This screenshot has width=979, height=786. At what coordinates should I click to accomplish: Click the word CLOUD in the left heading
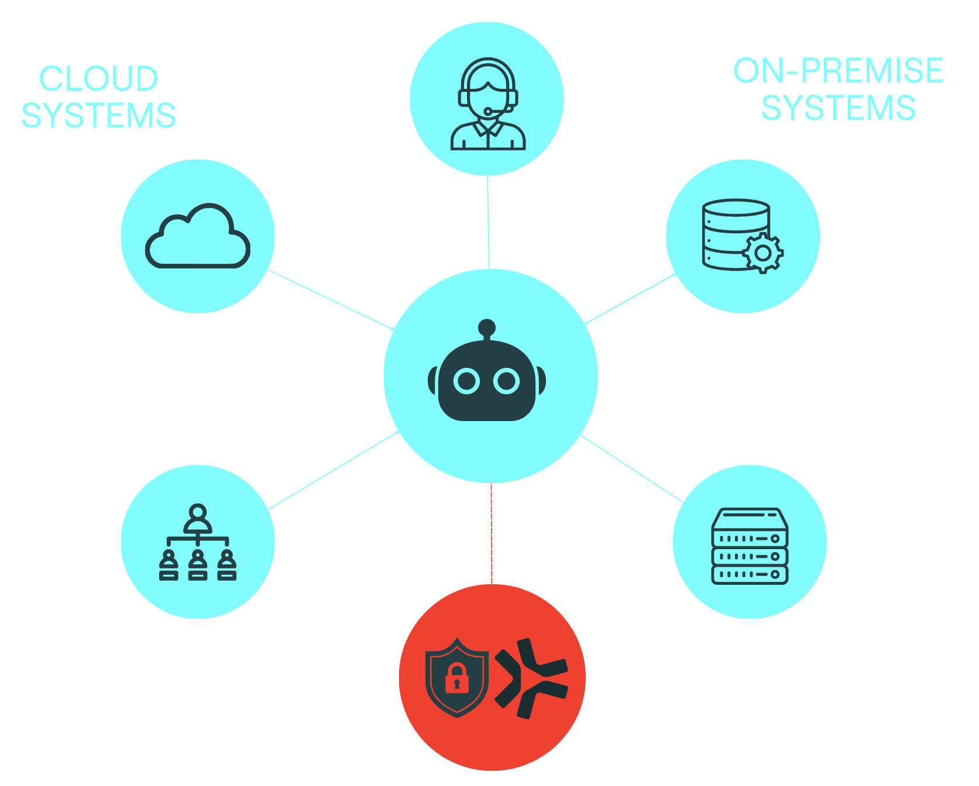(98, 78)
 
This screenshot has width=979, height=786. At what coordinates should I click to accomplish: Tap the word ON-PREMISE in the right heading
(838, 71)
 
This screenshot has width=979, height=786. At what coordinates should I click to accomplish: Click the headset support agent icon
(488, 104)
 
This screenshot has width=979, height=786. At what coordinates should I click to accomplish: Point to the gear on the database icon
(763, 253)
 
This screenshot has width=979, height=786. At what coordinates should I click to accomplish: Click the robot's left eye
(467, 381)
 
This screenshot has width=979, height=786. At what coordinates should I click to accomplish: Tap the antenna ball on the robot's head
(487, 327)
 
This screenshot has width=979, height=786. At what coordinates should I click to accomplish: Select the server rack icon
(750, 546)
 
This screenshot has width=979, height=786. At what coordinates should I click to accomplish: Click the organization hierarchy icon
(198, 542)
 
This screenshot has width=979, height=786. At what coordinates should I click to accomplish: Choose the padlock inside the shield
(457, 678)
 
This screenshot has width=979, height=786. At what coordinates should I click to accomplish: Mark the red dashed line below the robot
(492, 533)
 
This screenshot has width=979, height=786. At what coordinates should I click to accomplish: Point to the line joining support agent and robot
(489, 222)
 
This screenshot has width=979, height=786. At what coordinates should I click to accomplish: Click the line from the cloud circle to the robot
(331, 299)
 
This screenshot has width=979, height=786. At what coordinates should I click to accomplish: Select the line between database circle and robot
(630, 298)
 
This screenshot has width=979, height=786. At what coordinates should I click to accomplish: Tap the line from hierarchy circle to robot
(334, 470)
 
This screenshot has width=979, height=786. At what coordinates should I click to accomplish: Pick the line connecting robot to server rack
(632, 468)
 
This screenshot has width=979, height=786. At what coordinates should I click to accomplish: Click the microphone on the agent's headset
(488, 111)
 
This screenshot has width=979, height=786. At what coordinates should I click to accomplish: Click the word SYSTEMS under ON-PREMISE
(838, 108)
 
